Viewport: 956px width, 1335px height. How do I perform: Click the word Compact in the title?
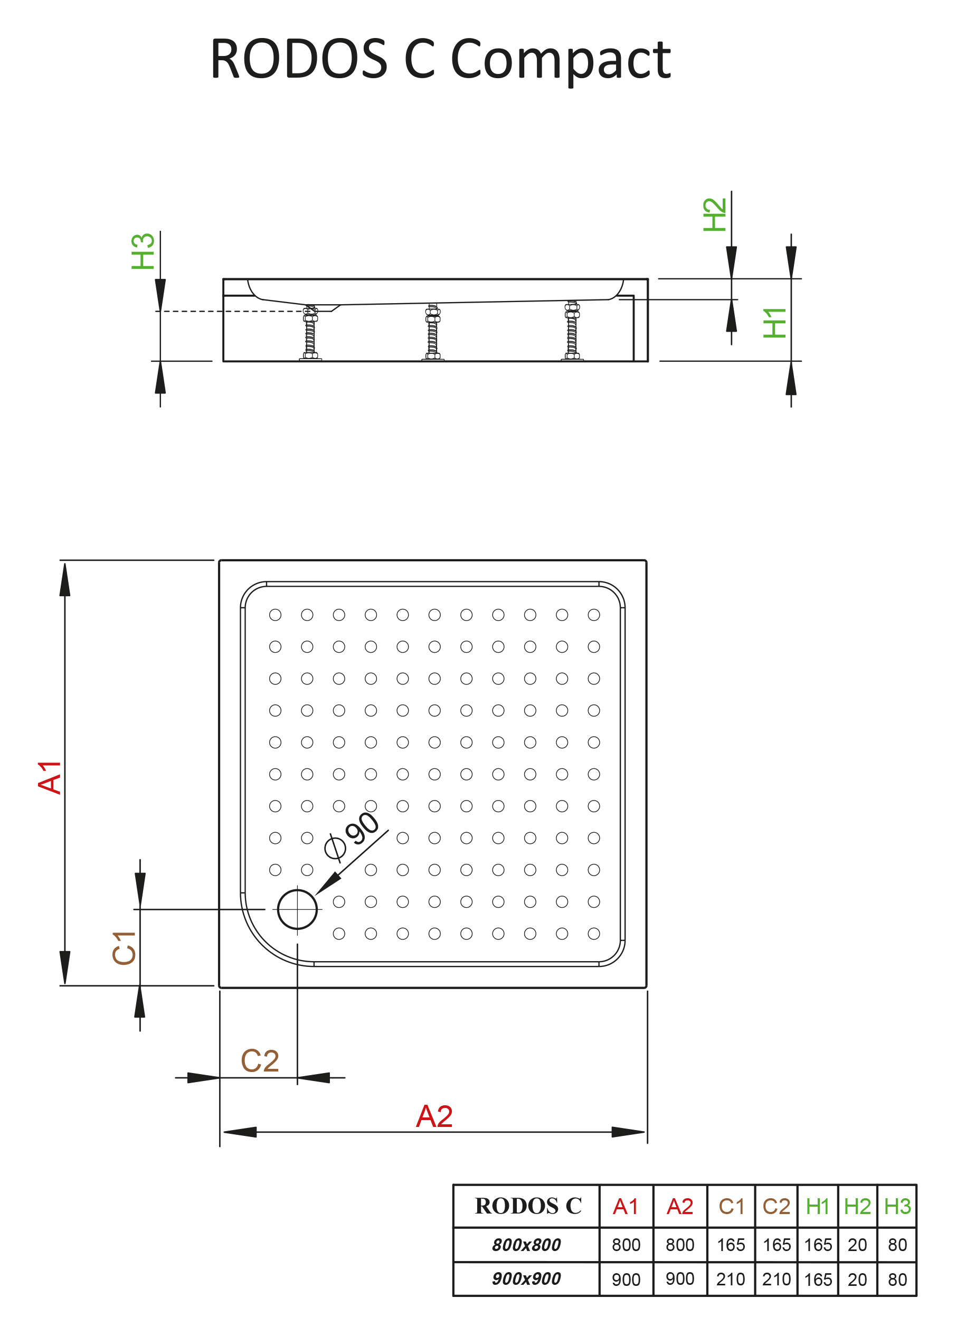(x=560, y=61)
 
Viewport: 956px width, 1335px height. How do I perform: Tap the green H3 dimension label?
(x=143, y=251)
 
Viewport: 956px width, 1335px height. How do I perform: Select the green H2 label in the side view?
(x=715, y=214)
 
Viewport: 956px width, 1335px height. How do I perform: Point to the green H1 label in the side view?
(x=775, y=323)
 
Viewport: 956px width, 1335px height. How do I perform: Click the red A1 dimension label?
(x=50, y=777)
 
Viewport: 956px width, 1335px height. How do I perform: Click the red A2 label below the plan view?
(x=434, y=1116)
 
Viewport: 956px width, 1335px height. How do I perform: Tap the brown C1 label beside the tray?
(x=124, y=948)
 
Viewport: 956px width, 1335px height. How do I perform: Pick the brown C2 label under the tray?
(x=259, y=1061)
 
